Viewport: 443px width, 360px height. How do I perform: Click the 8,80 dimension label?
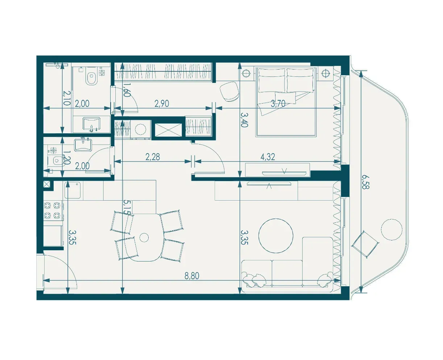pos(192,276)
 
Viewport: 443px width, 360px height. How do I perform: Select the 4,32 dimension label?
pos(268,157)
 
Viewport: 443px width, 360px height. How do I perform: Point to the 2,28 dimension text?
pos(153,157)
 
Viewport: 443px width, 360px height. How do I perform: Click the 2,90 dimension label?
pos(162,104)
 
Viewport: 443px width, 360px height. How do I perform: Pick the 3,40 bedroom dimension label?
pos(245,120)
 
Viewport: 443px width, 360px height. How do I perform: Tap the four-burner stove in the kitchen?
pos(52,210)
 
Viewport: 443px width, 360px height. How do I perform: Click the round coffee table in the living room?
pos(276,235)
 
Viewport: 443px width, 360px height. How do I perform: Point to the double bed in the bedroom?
pos(286,101)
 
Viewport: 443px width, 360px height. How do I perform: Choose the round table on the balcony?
pos(392,230)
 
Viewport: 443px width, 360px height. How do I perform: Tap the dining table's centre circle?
pos(144,238)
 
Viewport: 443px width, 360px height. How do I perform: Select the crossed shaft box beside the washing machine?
pos(169,130)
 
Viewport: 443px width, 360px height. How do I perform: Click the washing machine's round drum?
pos(140,129)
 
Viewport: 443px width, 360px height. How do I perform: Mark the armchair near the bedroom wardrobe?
pos(229,92)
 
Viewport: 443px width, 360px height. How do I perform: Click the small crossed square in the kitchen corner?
pos(47,184)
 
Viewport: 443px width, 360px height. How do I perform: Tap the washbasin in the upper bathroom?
pos(91,124)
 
